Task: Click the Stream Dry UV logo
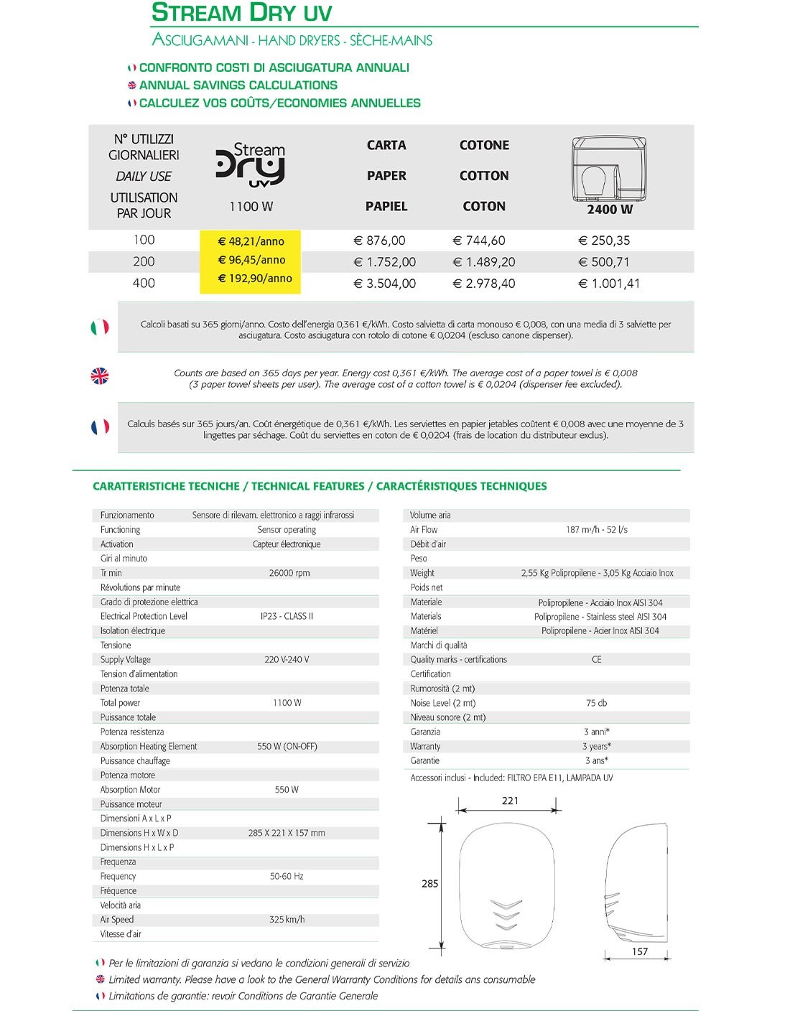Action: coord(251,164)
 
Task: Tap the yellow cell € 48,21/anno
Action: coord(251,241)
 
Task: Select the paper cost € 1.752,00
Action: coord(385,262)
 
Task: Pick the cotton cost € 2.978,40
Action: coord(483,284)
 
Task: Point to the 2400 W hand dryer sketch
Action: coord(609,169)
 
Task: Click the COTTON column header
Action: coord(484,176)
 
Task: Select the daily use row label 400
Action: coord(144,283)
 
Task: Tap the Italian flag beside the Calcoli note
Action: coord(100,327)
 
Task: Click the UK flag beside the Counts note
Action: coord(100,376)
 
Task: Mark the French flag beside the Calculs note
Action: coord(100,426)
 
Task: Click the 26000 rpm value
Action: coord(289,573)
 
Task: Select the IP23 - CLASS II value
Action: coord(287,616)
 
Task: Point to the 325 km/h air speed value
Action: coord(287,919)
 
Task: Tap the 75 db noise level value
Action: coord(596,703)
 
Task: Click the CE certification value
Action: coord(596,659)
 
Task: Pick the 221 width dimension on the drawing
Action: coord(510,801)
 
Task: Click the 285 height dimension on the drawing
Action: coord(429,884)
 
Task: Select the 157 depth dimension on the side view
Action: coord(640,951)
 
